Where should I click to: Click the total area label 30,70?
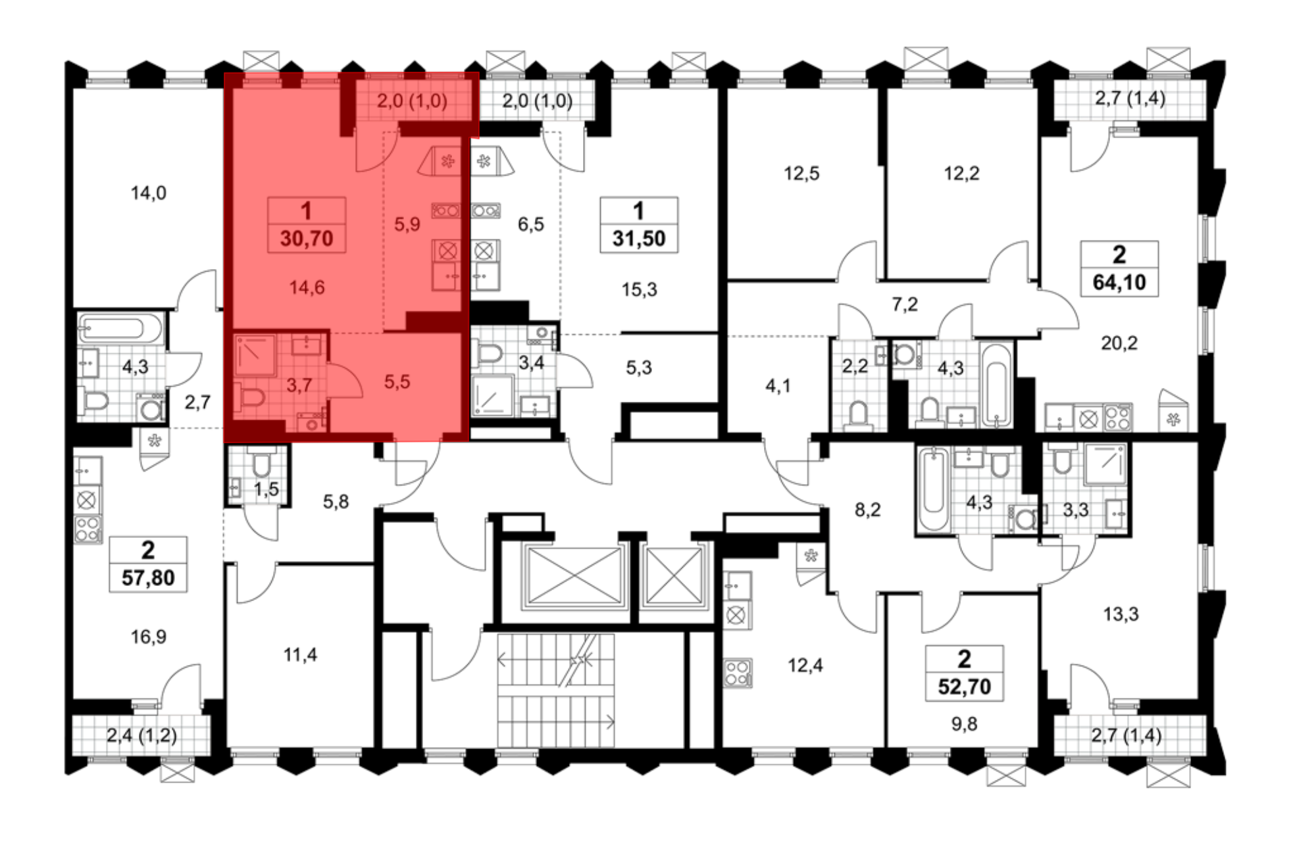307,238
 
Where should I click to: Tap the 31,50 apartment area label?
639,238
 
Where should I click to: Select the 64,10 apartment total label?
1119,282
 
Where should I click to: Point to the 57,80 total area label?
148,578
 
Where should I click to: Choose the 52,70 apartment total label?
965,687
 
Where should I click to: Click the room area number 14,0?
148,193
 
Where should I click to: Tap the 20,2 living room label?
1119,343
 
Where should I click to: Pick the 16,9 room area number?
148,637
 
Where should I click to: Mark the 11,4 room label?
300,655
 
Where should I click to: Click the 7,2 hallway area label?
905,305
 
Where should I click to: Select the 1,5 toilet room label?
266,489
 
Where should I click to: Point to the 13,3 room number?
1121,614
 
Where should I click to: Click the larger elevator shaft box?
574,575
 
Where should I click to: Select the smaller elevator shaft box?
674,575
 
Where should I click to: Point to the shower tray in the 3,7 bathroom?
255,355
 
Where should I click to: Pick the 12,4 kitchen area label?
805,666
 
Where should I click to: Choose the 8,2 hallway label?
867,510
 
